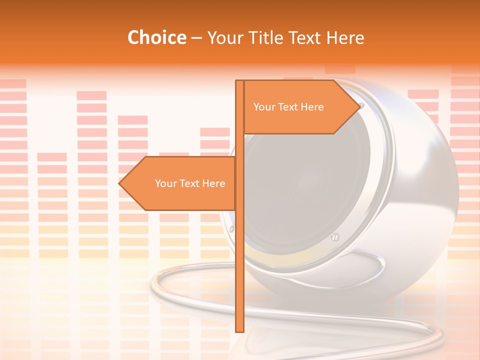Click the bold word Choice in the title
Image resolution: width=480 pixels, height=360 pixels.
156,37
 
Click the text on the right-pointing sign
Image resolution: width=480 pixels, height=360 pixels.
288,107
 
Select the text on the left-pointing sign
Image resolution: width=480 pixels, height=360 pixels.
190,183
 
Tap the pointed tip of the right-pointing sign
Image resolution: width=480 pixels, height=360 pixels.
359,106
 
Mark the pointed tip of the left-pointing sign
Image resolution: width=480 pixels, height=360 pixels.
119,183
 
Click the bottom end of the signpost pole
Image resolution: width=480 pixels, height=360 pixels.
239,330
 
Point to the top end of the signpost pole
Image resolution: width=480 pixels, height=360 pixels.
239,81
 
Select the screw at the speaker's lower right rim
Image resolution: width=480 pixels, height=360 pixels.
335,236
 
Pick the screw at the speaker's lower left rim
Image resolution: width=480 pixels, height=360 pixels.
231,228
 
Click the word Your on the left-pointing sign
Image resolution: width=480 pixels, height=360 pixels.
165,183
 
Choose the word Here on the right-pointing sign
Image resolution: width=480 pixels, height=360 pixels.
312,107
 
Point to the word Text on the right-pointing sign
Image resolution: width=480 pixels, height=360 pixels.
287,107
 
